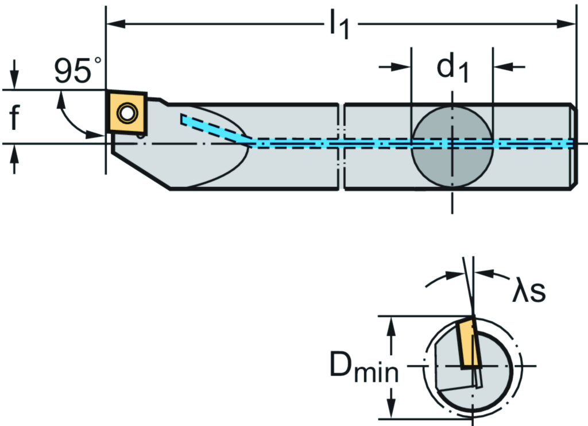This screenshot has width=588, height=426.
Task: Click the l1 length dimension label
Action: (x=339, y=26)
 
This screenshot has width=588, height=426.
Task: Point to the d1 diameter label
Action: (x=452, y=68)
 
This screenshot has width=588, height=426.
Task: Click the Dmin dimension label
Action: (x=363, y=366)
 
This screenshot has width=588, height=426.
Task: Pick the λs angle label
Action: (x=528, y=291)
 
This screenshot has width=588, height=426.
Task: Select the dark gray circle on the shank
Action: (x=452, y=145)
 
